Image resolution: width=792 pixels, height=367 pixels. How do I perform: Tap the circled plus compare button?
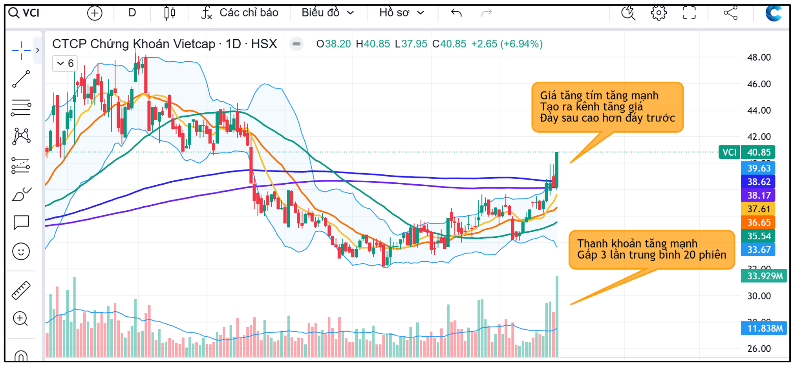pyautogui.click(x=95, y=13)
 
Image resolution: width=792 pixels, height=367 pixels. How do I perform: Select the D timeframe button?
pyautogui.click(x=132, y=13)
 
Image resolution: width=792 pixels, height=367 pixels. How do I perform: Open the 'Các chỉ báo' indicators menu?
pyautogui.click(x=240, y=13)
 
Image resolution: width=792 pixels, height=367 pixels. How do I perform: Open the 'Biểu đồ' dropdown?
pyautogui.click(x=328, y=13)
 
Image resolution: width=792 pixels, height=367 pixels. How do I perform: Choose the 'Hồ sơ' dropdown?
pyautogui.click(x=402, y=13)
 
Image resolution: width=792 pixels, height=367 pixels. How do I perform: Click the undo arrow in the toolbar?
pyautogui.click(x=456, y=13)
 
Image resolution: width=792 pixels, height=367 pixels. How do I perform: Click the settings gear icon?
pyautogui.click(x=658, y=13)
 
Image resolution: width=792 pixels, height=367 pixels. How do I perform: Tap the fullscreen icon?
pyautogui.click(x=689, y=13)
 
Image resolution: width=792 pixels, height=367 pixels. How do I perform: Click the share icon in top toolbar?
pyautogui.click(x=730, y=13)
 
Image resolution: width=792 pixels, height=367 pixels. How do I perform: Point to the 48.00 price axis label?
pyautogui.click(x=759, y=57)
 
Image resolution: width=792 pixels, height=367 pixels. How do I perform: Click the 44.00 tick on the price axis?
pyautogui.click(x=759, y=110)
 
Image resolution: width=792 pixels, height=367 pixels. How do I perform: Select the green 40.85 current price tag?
pyautogui.click(x=758, y=152)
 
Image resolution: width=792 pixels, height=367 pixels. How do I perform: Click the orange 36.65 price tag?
pyautogui.click(x=758, y=222)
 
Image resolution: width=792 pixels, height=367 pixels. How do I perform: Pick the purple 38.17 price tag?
pyautogui.click(x=758, y=195)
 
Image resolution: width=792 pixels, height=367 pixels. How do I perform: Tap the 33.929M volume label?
pyautogui.click(x=764, y=276)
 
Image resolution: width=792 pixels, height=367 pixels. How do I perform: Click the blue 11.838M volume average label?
pyautogui.click(x=764, y=328)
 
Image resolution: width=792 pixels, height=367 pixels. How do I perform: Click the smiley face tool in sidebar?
pyautogui.click(x=21, y=251)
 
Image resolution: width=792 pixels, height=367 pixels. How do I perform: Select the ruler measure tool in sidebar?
pyautogui.click(x=21, y=290)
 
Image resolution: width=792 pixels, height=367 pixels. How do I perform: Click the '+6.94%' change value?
pyautogui.click(x=521, y=44)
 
